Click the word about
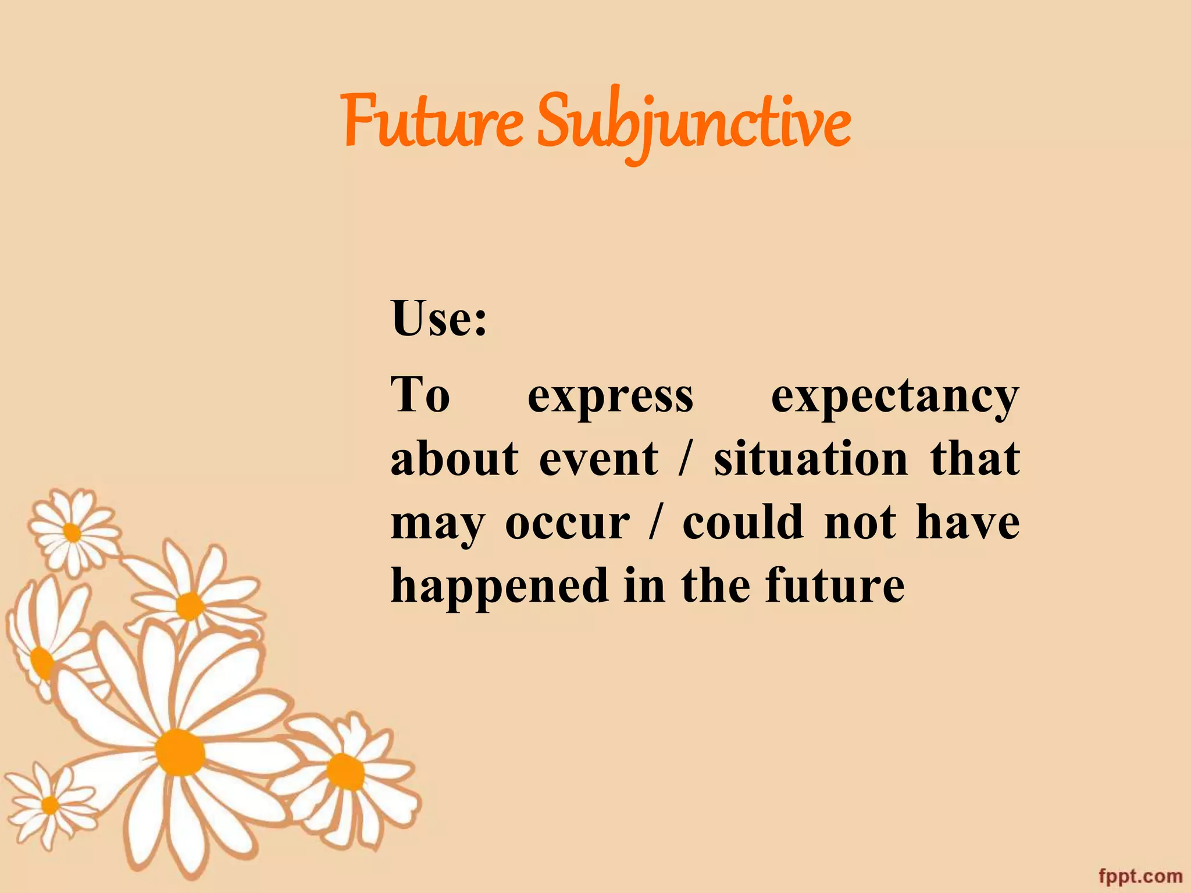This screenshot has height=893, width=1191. pyautogui.click(x=454, y=459)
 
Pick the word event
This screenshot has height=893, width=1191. pyautogui.click(x=599, y=459)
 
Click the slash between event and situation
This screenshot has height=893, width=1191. pyautogui.click(x=687, y=459)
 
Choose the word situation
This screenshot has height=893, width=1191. pyautogui.click(x=811, y=459)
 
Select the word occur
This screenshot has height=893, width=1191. pyautogui.click(x=567, y=523)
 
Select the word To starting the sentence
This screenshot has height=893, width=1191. pyautogui.click(x=420, y=395)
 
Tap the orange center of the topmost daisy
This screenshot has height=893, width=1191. pyautogui.click(x=72, y=532)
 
